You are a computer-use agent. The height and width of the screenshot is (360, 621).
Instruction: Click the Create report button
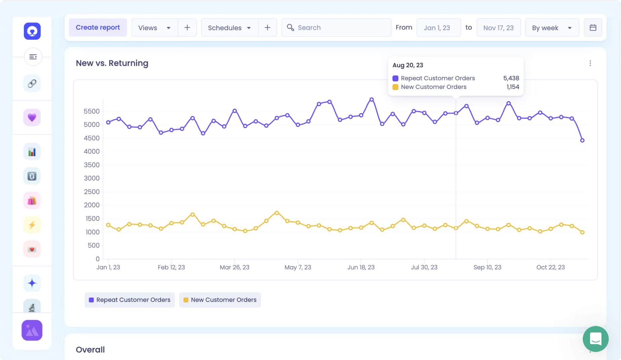click(x=98, y=28)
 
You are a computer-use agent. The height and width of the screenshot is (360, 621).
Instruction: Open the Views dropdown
click(x=155, y=28)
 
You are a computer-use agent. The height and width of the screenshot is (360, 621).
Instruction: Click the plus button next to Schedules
click(x=267, y=28)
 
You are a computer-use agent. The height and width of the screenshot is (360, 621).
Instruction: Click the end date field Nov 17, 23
click(x=498, y=28)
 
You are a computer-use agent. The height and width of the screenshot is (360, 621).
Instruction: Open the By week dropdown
click(x=552, y=28)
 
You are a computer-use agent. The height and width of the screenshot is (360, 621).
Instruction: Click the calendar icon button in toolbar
click(x=593, y=28)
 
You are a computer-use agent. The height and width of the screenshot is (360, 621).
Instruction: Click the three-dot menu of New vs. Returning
click(x=590, y=63)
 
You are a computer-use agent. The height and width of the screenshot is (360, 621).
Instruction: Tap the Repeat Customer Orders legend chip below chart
click(x=130, y=300)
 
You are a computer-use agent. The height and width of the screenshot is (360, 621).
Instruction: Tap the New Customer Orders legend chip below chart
click(x=220, y=300)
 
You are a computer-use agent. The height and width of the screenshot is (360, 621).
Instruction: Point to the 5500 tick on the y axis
click(x=92, y=111)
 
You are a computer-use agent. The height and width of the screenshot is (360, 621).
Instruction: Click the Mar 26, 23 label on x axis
click(x=235, y=267)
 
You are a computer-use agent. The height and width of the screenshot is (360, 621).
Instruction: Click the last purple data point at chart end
click(x=582, y=140)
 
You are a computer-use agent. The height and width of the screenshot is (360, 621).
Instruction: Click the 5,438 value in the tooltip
click(x=511, y=78)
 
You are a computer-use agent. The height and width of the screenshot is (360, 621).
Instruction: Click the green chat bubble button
click(x=595, y=339)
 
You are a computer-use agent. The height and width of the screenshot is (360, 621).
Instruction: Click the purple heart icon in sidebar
click(x=32, y=118)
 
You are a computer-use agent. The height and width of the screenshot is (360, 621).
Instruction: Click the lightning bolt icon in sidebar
click(x=32, y=225)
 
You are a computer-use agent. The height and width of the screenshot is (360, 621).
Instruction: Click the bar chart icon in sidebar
click(x=32, y=152)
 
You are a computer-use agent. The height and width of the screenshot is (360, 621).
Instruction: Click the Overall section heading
click(x=90, y=350)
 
